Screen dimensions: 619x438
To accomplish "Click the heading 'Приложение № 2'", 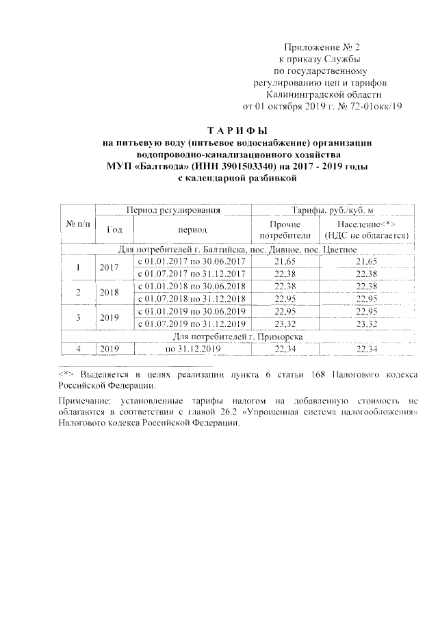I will coord(321,47).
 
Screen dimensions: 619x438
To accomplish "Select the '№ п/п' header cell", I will coord(77,224).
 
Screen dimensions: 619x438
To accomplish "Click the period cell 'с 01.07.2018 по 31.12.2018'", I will coord(192,299).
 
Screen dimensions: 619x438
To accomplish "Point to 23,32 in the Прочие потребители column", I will coord(284,324).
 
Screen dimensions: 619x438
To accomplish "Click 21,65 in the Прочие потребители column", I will coord(284,262).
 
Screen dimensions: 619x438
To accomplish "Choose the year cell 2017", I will coord(109,268).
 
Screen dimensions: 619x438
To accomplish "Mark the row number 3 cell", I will coord(77,317).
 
